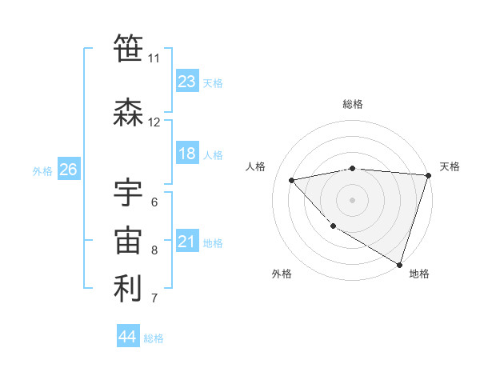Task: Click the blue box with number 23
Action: click(186, 81)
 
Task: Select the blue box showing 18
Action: click(186, 154)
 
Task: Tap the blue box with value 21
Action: click(186, 242)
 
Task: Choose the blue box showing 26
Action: click(68, 170)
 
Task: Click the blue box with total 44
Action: click(128, 337)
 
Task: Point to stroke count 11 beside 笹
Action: click(154, 58)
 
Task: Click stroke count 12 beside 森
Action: click(154, 122)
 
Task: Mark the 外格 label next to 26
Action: click(42, 170)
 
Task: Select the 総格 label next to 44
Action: click(154, 338)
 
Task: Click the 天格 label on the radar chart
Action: click(450, 166)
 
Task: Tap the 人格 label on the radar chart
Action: click(256, 166)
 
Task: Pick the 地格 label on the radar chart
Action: click(419, 274)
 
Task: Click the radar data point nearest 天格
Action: click(428, 176)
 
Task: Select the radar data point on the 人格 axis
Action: click(292, 180)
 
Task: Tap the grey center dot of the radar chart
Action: click(352, 199)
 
